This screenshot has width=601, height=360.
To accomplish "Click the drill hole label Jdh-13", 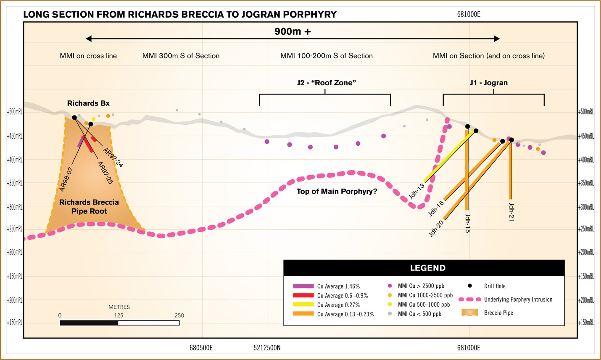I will pos(416,191).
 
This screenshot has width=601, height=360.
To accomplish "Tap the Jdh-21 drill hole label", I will pos(511,212).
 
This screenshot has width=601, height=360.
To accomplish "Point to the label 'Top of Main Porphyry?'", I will pos(337,192).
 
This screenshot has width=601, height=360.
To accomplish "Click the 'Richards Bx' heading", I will pos(88,103).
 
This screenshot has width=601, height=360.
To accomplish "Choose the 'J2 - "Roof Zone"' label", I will pos(326,83).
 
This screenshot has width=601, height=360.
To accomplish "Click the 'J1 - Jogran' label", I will pos(488,83).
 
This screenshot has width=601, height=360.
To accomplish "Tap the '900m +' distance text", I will pos(293,32).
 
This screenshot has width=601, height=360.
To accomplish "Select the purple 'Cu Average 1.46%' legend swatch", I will pos(303,286).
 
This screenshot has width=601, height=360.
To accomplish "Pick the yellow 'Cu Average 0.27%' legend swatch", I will pos(303,305).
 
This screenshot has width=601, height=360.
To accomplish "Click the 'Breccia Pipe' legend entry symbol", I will pos(469,313).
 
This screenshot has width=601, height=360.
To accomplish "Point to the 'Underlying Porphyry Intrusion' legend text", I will pos(518,300).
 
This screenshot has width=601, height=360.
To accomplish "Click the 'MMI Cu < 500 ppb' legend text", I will pos(419,314).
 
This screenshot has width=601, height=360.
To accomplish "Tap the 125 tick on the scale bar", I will pos(119,315).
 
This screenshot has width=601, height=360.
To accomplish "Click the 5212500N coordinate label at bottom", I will pos(267,348).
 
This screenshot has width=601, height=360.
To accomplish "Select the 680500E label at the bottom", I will pos(201,348).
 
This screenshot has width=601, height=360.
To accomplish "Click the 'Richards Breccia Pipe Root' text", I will pos(89,207).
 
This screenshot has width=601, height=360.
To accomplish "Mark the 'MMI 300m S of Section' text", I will pos(181,56).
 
